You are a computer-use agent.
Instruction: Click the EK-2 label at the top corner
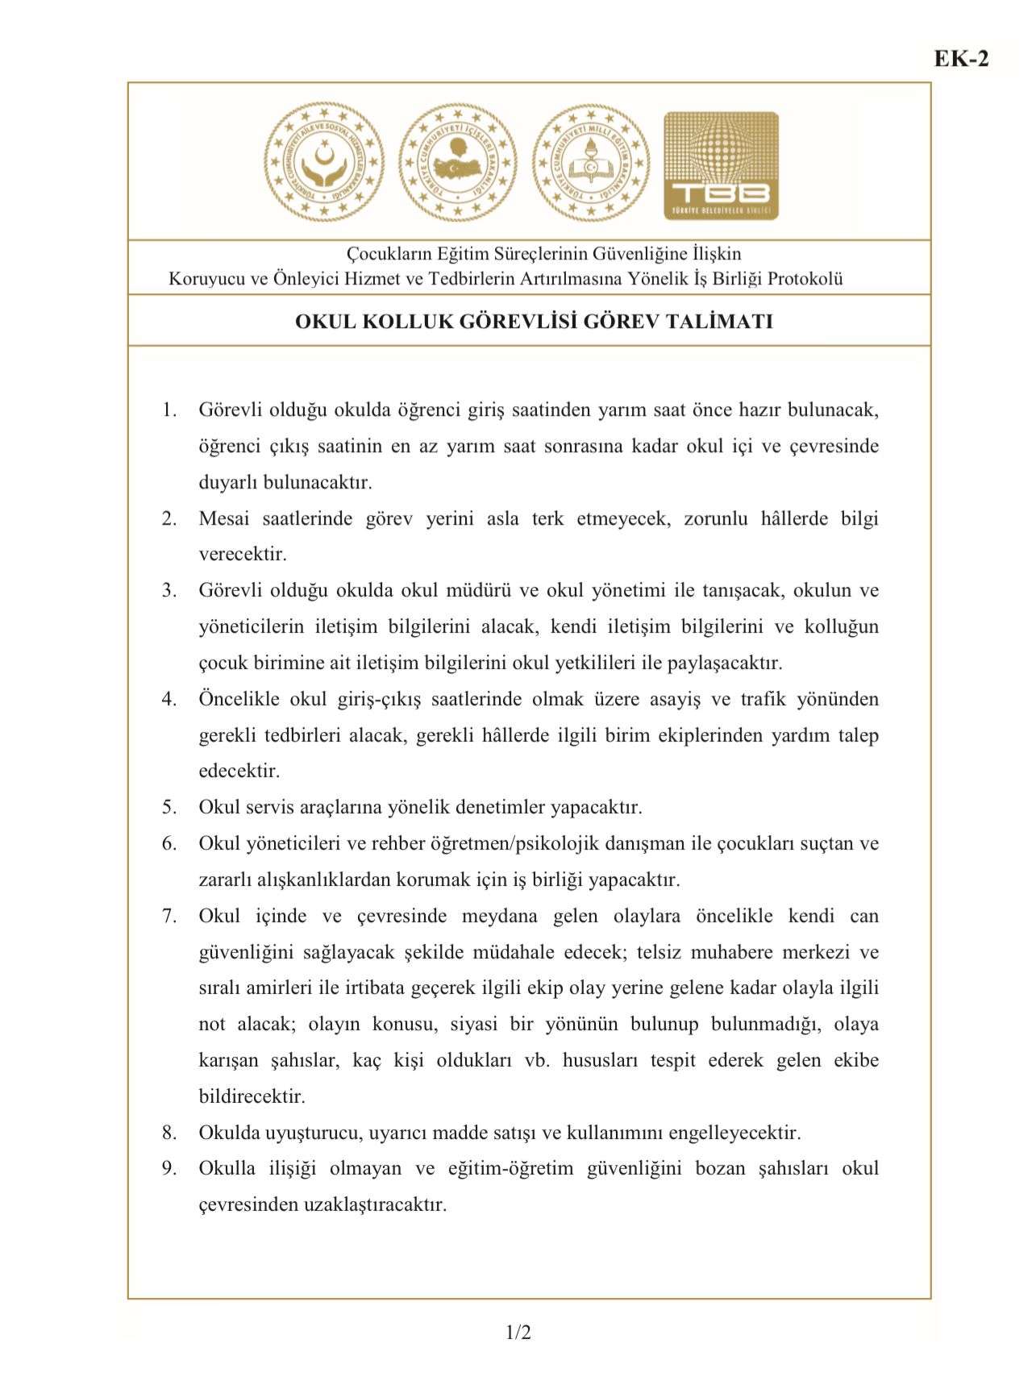pyautogui.click(x=961, y=59)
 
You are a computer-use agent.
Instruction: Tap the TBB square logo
pyautogui.click(x=721, y=166)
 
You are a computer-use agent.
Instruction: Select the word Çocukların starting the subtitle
pyautogui.click(x=389, y=254)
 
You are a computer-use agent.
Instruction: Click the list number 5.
pyautogui.click(x=169, y=807)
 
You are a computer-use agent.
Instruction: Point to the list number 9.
pyautogui.click(x=169, y=1169)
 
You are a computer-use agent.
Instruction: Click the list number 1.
pyautogui.click(x=169, y=410)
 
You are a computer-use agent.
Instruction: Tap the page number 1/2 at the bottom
pyautogui.click(x=518, y=1333)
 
